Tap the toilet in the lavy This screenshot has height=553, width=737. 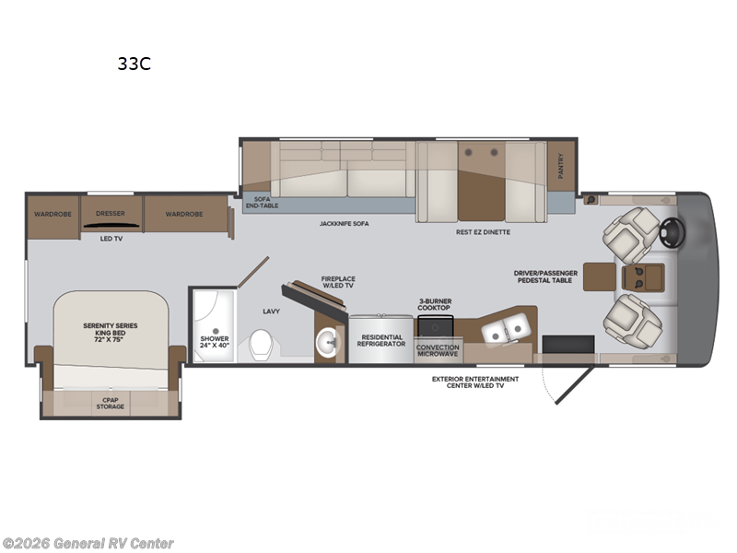pyautogui.click(x=262, y=346)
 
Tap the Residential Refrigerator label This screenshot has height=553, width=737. pyautogui.click(x=381, y=341)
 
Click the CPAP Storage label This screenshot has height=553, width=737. pyautogui.click(x=110, y=403)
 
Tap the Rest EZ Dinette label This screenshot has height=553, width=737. pyautogui.click(x=483, y=231)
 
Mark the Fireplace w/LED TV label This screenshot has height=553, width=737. pyautogui.click(x=338, y=282)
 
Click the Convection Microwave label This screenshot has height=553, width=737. pyautogui.click(x=438, y=351)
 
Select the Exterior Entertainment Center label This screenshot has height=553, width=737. pyautogui.click(x=475, y=382)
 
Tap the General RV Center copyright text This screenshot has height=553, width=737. pyautogui.click(x=88, y=543)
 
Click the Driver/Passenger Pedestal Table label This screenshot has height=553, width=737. pyautogui.click(x=546, y=276)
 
